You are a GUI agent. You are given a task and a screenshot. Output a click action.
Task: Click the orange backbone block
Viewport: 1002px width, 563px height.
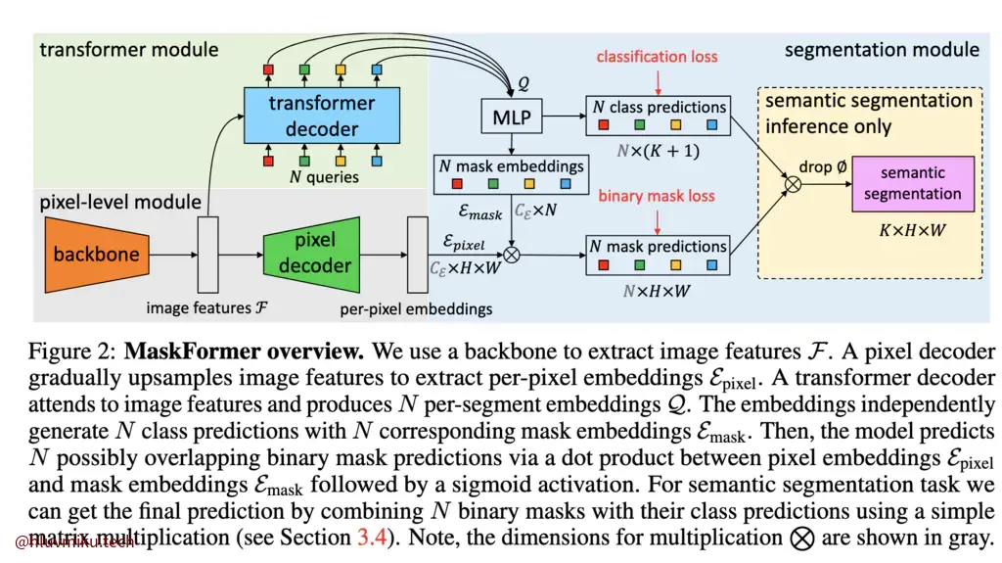click(96, 255)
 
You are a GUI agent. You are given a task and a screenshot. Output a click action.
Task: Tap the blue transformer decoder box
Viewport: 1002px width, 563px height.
click(322, 116)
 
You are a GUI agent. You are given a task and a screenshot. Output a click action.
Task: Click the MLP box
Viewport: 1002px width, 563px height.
click(511, 117)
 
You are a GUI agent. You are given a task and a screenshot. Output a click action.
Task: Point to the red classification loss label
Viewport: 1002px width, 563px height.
click(657, 57)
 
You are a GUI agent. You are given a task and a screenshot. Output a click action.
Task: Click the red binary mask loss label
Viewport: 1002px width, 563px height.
click(657, 196)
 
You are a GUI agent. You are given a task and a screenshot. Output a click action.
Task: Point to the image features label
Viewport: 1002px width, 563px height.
click(205, 308)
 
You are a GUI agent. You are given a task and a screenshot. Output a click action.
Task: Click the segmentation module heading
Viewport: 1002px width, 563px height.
click(882, 49)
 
